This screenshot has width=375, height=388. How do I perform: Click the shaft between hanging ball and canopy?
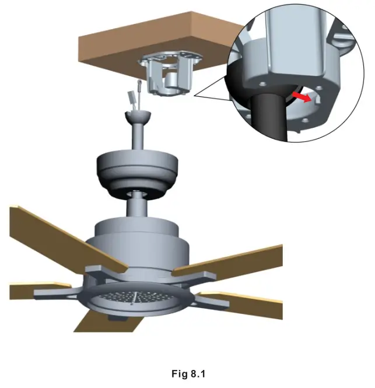tap(138, 137)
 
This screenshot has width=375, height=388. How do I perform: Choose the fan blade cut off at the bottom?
tap(93, 321)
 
